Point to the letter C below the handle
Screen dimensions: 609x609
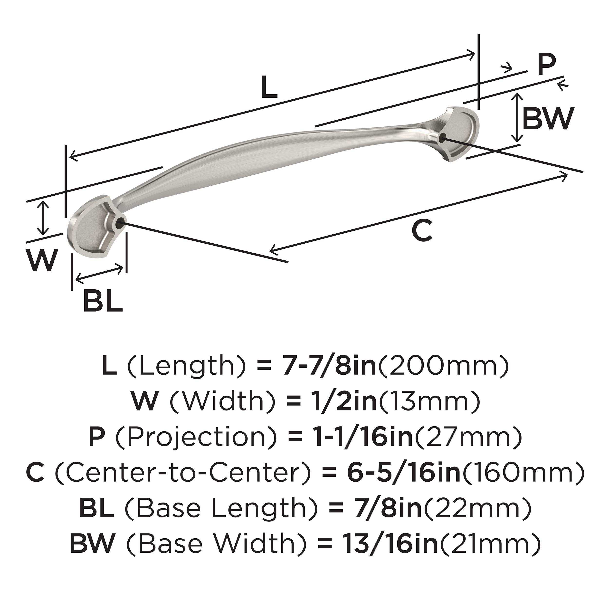(x=422, y=231)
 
